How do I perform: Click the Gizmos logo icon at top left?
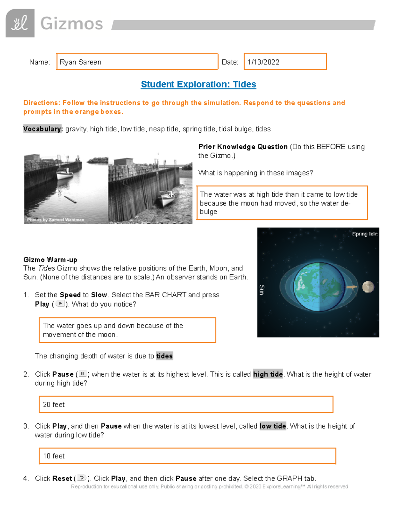point(20,23)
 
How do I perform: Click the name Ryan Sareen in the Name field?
point(80,62)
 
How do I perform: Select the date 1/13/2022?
point(263,62)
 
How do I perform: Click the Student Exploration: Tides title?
point(198,84)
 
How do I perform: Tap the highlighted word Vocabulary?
point(43,129)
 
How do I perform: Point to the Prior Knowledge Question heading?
point(243,147)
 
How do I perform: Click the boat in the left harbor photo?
point(65,173)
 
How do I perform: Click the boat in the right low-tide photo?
point(165,199)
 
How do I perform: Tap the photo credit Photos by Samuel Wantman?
point(56,220)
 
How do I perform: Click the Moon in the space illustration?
point(368,287)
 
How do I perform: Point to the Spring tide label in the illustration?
point(365,234)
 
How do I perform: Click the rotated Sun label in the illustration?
point(261,290)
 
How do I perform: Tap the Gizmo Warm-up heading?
point(50,260)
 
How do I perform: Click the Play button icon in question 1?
point(60,304)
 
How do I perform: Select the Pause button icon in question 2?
point(82,374)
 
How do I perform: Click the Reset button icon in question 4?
point(81,478)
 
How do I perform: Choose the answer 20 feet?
point(54,404)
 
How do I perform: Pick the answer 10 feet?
point(54,456)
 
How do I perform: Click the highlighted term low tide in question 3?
point(273,426)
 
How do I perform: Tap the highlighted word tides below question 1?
point(164,356)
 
